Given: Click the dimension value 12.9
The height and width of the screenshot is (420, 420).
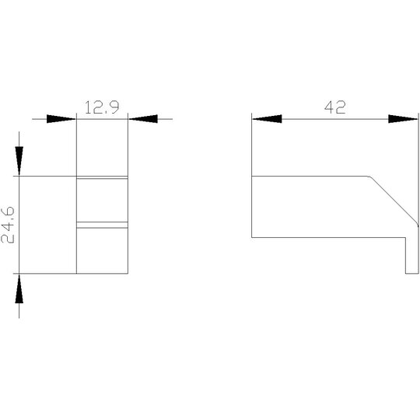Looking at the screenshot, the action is [102, 107].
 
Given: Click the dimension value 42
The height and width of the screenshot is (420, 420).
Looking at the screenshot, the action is [334, 107].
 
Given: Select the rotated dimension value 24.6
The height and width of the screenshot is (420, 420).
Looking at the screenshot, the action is [8, 225].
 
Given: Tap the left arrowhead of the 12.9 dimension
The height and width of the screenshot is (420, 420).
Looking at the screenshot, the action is [61, 119].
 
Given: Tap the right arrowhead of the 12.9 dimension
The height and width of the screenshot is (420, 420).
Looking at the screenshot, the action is [143, 119].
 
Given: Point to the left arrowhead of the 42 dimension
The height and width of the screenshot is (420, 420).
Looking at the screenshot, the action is [267, 119].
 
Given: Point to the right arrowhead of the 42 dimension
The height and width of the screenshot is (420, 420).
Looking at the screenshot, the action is [403, 119].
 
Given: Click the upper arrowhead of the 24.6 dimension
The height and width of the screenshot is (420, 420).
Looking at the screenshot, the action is [19, 161].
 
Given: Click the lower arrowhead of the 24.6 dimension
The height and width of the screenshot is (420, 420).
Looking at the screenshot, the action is [19, 289].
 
